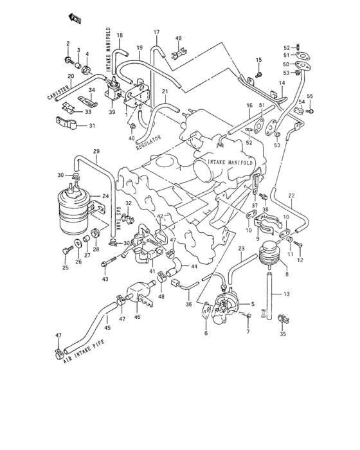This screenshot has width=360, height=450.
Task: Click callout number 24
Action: point(106,197)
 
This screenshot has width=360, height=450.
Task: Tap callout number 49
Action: point(179,39)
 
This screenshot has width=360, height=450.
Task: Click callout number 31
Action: point(91,125)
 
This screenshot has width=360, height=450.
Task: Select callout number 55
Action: point(310,96)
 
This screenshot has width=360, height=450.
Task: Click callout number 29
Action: point(96,151)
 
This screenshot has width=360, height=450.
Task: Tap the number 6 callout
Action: point(205,334)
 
